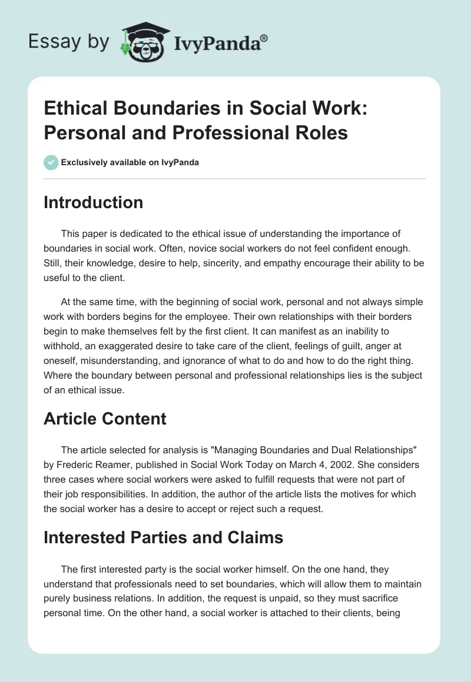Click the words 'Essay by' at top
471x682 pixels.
(69, 42)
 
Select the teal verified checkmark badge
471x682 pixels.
(51, 162)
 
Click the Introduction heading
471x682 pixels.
(94, 202)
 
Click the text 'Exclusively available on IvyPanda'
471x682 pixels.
(130, 162)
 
